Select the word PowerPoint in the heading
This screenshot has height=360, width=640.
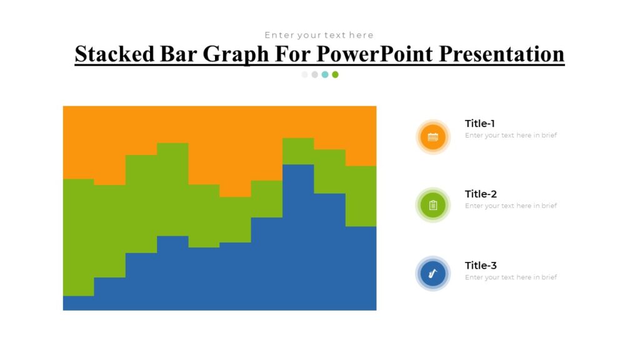(374, 54)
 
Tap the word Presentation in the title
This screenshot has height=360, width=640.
(501, 54)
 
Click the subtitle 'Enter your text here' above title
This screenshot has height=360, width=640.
(319, 35)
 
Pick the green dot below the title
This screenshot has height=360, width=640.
(335, 74)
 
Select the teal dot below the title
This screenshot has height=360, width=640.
(325, 74)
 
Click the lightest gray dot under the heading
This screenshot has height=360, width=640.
(304, 74)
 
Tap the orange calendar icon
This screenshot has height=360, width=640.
(432, 137)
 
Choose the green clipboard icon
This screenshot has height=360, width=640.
(432, 205)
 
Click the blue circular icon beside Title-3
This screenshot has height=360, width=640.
(432, 274)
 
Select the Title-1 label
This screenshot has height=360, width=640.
(480, 124)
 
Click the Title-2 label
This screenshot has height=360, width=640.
(481, 194)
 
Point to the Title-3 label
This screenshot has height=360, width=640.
(481, 265)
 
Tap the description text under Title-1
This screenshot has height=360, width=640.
(511, 135)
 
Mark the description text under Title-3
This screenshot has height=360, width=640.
(511, 277)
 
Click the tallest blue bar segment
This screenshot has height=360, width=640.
(298, 237)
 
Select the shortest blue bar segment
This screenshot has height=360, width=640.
(78, 303)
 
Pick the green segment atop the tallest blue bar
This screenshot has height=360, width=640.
(298, 151)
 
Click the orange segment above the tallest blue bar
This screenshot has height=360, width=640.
(298, 122)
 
